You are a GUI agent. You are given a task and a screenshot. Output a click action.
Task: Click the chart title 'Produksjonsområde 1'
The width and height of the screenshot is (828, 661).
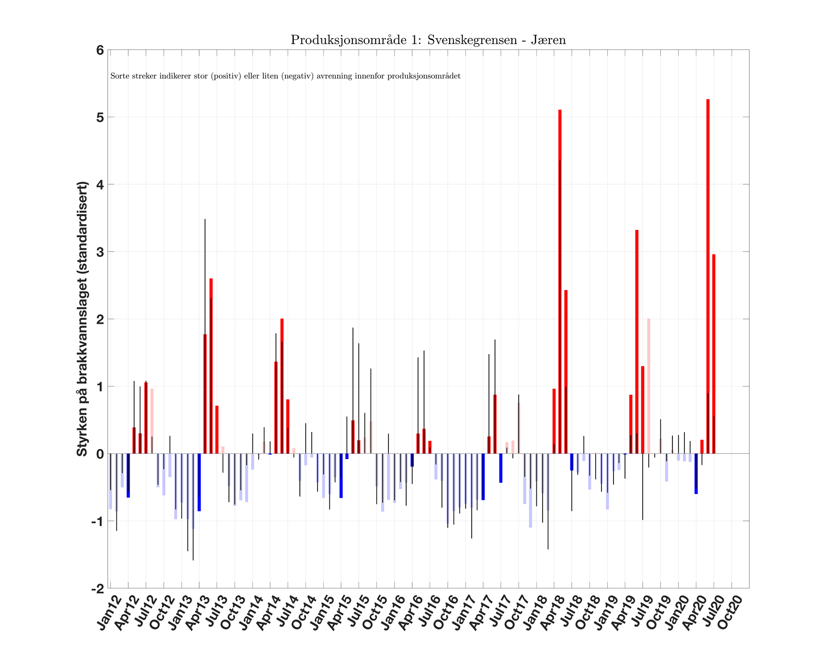428,40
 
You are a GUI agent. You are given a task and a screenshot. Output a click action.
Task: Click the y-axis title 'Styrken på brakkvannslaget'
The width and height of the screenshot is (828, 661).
82,319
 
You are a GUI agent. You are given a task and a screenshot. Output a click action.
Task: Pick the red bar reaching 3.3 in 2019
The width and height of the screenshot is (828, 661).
637,342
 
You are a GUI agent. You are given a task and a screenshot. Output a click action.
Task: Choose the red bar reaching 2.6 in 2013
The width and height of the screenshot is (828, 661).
211,365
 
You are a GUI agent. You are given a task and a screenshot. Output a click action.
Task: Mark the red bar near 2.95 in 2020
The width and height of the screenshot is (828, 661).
714,353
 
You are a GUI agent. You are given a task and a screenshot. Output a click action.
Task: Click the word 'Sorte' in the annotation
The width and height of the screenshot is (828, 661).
118,76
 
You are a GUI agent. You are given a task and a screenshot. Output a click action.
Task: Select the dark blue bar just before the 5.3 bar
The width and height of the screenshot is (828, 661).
696,474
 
